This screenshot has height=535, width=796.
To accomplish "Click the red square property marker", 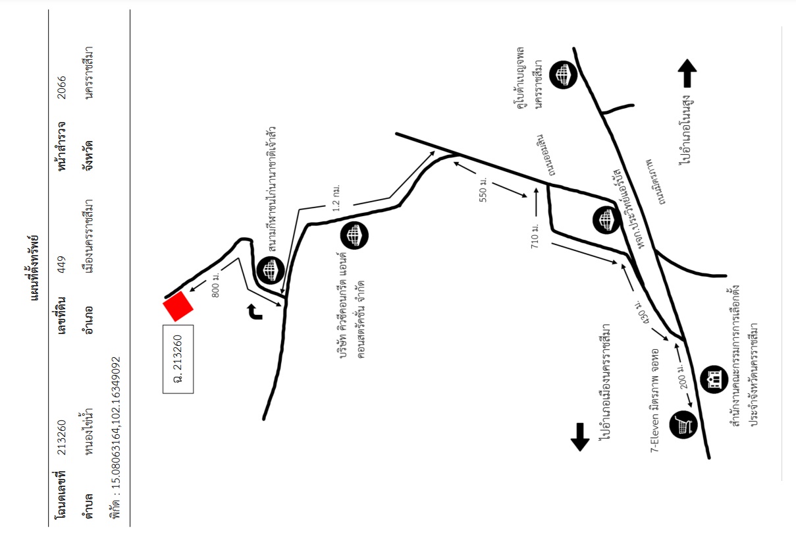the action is click(x=178, y=306).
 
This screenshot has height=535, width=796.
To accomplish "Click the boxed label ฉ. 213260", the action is click(x=178, y=359).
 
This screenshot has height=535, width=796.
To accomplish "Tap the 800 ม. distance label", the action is click(x=215, y=285).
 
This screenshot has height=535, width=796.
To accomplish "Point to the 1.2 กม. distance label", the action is click(x=336, y=198).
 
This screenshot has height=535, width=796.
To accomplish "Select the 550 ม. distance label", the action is click(x=483, y=190).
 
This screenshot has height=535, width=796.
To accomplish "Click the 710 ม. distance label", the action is click(x=535, y=236).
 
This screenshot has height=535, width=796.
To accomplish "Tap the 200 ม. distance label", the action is click(x=683, y=376).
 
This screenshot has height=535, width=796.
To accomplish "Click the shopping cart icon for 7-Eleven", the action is click(x=683, y=424).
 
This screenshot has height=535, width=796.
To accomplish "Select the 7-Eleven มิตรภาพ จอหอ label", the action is click(x=654, y=401).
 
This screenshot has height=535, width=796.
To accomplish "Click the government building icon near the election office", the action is click(x=714, y=380).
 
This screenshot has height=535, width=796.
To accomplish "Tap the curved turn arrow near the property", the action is click(x=255, y=312).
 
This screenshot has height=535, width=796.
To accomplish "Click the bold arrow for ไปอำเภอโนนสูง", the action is click(x=687, y=73).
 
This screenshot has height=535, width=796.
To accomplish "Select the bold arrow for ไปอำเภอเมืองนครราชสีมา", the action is click(x=580, y=437).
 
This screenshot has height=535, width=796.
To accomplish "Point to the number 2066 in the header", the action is click(x=62, y=87).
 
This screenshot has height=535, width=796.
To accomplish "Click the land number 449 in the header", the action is click(x=62, y=264).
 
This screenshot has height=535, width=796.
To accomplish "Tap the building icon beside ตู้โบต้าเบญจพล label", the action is click(x=563, y=74).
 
